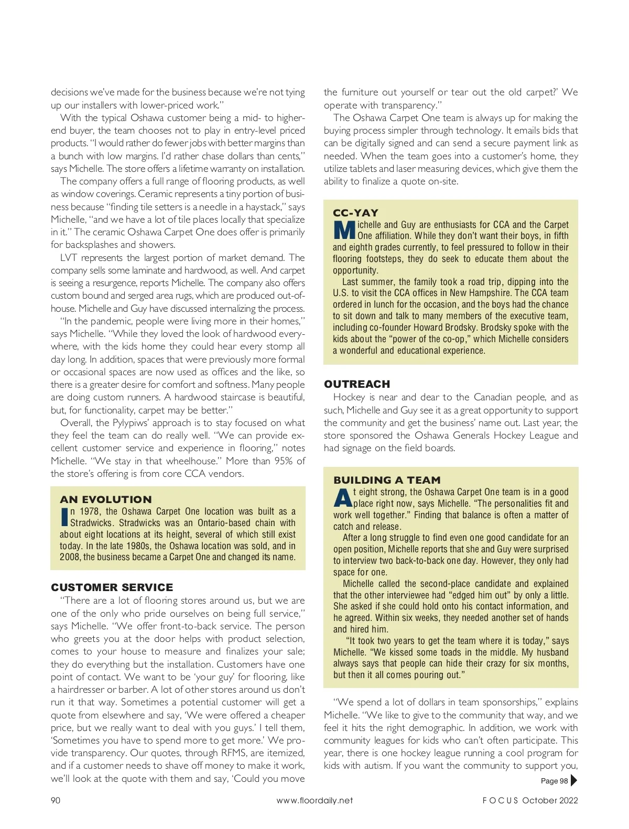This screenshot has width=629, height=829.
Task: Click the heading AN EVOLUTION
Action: (x=106, y=499)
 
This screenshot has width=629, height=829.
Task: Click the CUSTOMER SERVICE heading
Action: (x=112, y=587)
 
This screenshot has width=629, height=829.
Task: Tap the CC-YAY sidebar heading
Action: (x=355, y=213)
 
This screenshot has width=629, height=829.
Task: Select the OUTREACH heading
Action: (x=357, y=384)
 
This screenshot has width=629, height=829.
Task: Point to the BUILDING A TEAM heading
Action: (x=387, y=480)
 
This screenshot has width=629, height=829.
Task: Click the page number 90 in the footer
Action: (x=56, y=800)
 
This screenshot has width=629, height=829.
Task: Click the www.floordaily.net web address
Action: (x=314, y=800)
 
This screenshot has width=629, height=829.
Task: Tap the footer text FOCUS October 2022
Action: (x=530, y=800)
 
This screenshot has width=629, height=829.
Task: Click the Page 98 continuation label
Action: (x=554, y=781)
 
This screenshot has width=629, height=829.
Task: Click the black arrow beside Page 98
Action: (x=573, y=781)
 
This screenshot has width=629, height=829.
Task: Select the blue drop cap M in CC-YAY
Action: (x=344, y=231)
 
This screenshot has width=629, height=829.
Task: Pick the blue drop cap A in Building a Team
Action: (x=343, y=498)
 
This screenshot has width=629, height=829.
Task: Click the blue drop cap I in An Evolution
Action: (x=64, y=517)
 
